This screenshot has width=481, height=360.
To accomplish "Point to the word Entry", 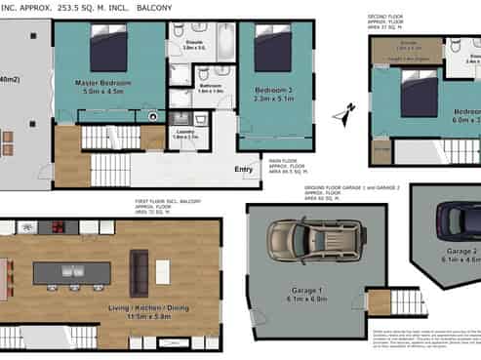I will point(244,169).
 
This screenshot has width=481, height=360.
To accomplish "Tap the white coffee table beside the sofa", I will point(162,271).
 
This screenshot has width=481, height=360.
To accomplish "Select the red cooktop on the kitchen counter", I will point(57,227).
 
